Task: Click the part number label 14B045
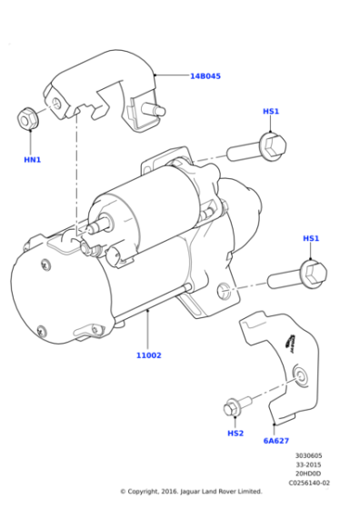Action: (x=205, y=76)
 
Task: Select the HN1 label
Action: (x=32, y=159)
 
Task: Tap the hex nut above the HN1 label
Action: (x=28, y=119)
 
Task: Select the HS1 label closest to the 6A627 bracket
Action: (x=311, y=238)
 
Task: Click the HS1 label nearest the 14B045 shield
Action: (x=271, y=111)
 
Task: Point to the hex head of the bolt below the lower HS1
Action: (x=312, y=270)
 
